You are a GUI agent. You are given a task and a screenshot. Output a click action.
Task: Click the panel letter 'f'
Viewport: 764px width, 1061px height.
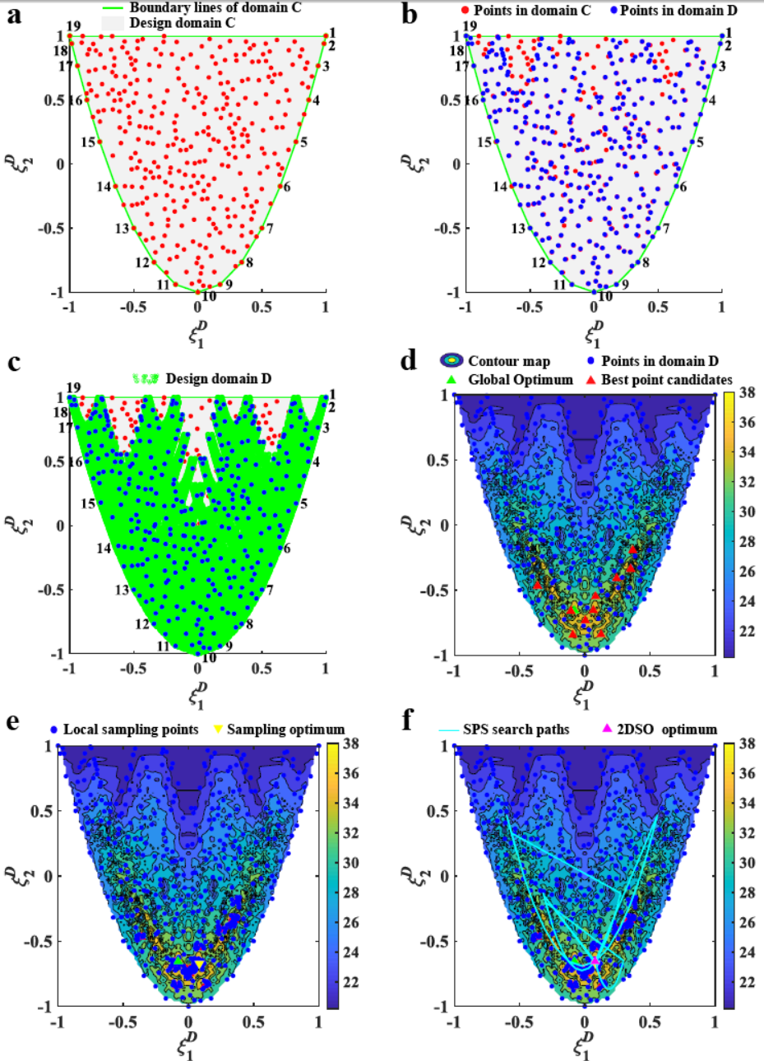coord(408,721)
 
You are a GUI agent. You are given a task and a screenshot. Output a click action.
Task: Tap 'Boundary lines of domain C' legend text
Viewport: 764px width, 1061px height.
coord(215,8)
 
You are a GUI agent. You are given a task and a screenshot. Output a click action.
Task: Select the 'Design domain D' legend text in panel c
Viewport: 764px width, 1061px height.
coord(218,379)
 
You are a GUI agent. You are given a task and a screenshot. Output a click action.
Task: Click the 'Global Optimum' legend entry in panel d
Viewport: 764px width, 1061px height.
coord(521,379)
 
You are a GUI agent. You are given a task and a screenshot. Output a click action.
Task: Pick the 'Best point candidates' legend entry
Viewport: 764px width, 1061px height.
coord(666,379)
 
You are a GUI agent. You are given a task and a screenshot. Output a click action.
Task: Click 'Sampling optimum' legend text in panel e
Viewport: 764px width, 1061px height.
coord(285,730)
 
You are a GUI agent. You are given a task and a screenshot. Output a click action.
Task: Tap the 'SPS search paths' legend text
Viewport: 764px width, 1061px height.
coord(516,730)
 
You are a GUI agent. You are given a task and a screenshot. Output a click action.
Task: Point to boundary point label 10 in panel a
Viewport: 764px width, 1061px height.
coord(209,297)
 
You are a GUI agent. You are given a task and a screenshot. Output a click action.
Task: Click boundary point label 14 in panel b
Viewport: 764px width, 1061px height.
coord(500,187)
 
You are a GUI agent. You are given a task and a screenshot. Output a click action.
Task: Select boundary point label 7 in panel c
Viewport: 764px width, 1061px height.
coord(269,591)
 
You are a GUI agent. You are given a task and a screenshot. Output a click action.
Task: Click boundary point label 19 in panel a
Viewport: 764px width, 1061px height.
coord(73,26)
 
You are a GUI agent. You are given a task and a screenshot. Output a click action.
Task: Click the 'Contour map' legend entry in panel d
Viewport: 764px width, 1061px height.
coord(508,361)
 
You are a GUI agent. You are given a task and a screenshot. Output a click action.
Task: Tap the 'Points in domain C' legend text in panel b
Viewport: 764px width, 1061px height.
coord(531,11)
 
